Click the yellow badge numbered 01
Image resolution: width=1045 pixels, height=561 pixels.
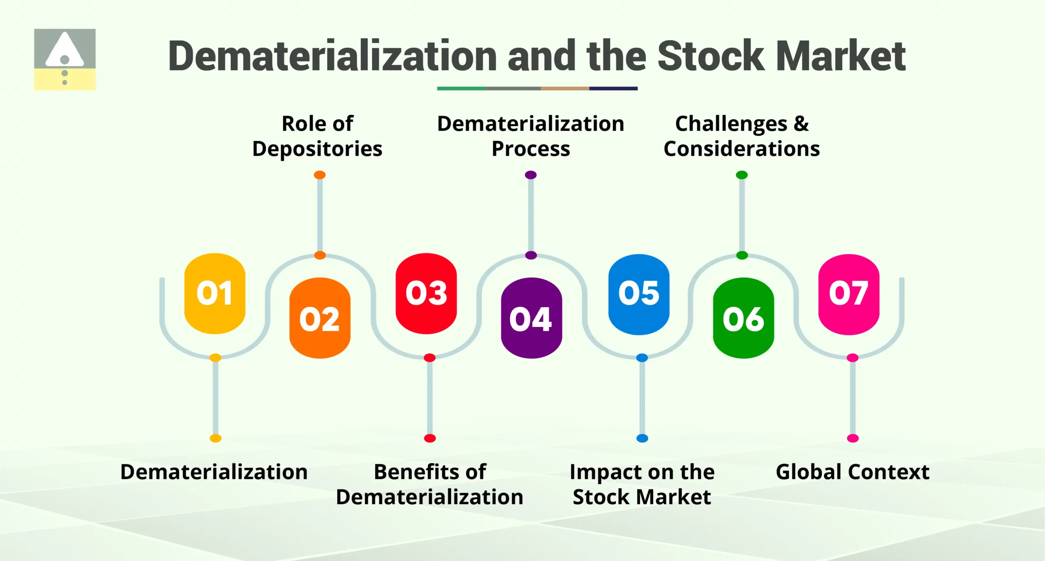tap(215, 293)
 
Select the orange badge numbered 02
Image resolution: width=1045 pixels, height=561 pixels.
tap(320, 318)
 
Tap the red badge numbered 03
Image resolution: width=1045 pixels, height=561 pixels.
tap(426, 293)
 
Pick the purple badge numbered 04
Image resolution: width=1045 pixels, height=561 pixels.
tap(531, 318)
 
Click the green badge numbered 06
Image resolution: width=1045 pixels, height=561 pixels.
tap(743, 318)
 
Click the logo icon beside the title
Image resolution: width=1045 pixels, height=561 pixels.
tap(65, 59)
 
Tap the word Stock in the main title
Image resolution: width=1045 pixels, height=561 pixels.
tap(710, 56)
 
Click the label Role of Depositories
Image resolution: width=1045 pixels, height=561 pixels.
tap(318, 136)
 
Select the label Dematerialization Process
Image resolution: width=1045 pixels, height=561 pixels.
tap(531, 136)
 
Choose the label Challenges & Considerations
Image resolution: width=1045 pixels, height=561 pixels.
tap(742, 136)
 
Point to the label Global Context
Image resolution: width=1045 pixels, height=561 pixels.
tap(852, 472)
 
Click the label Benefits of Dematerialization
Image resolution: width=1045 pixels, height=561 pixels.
tap(429, 485)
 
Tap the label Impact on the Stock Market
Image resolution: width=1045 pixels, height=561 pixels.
tap(642, 485)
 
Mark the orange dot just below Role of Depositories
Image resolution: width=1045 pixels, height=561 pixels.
tap(320, 175)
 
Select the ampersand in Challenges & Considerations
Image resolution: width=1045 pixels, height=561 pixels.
tap(801, 123)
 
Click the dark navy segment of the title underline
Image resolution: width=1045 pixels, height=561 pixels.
tap(613, 88)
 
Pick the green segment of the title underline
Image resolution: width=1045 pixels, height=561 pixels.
tap(461, 88)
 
